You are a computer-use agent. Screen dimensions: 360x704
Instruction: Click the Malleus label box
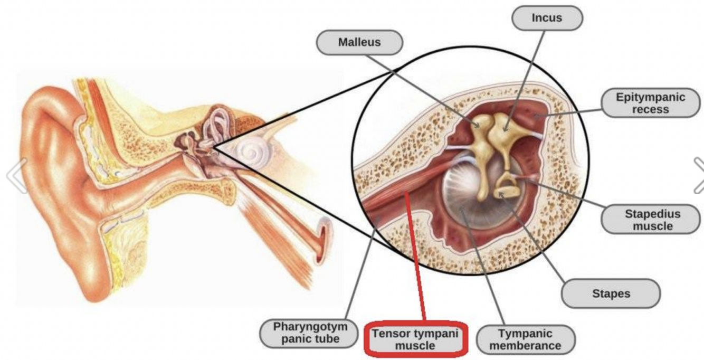click(x=359, y=42)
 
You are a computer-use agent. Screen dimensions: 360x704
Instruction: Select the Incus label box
click(x=547, y=18)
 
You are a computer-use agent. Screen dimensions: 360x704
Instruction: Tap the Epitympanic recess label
click(x=650, y=103)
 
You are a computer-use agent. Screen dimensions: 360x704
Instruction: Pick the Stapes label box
click(x=611, y=293)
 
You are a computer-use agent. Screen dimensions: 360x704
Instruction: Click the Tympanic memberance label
click(x=525, y=340)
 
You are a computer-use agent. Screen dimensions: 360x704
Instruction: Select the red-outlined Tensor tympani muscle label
click(x=414, y=340)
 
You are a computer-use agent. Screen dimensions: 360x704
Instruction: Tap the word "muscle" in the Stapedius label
click(x=652, y=226)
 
